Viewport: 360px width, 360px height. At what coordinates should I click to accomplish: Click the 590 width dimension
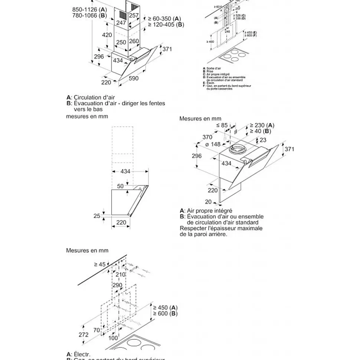point(134,79)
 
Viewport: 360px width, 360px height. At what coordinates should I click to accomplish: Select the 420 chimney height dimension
point(107,35)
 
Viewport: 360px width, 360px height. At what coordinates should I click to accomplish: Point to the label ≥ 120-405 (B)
point(166,24)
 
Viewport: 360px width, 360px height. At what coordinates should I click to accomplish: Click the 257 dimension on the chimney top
point(134,16)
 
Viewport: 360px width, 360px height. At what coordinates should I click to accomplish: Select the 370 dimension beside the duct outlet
point(207,137)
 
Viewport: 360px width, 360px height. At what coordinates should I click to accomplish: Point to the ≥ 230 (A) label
point(262,125)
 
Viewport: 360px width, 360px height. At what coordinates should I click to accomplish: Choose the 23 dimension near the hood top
point(263,140)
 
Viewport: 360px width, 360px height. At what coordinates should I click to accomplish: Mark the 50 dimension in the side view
point(120,186)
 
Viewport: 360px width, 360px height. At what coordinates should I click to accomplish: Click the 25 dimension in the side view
point(97,216)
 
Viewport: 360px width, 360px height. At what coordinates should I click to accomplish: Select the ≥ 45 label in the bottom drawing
point(100,264)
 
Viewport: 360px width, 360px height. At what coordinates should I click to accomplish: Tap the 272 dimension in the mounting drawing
point(84,334)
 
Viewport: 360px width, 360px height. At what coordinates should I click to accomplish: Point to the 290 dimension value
point(117,285)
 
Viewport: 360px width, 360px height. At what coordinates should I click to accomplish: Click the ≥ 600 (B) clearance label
point(165,314)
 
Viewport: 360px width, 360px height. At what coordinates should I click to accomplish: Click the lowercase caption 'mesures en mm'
point(87,116)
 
